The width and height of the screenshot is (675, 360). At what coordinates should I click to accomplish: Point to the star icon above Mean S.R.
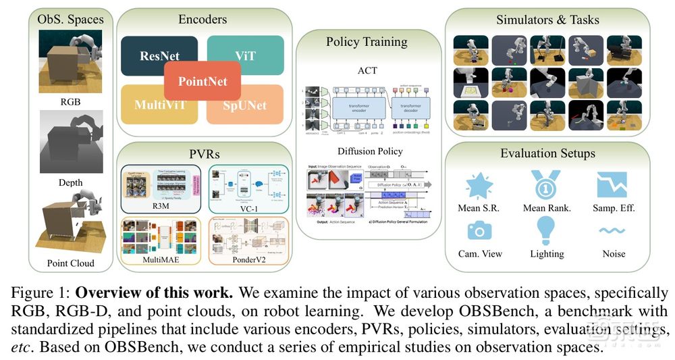[x=479, y=184]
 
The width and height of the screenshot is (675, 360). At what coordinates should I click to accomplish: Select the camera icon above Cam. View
[x=479, y=230]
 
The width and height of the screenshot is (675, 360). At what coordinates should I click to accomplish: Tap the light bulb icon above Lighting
[x=546, y=231]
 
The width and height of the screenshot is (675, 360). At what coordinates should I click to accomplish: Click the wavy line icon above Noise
[x=614, y=231]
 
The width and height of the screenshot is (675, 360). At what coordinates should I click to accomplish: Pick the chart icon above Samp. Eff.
[x=613, y=184]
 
